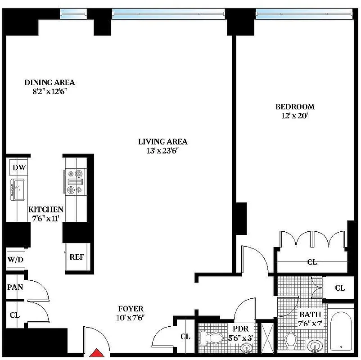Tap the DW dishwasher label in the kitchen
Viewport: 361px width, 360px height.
coord(19,168)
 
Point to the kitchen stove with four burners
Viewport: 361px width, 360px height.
coord(75,181)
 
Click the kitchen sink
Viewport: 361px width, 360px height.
coord(18,190)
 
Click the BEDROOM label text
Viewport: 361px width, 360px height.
coord(295,107)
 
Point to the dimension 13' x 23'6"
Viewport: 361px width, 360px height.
coord(162,151)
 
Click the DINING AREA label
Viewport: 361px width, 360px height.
coord(50,82)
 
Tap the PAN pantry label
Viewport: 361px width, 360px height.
coord(15,287)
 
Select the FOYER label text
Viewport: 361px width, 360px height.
coord(131,309)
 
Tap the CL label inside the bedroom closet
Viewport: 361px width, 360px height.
coord(311,261)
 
